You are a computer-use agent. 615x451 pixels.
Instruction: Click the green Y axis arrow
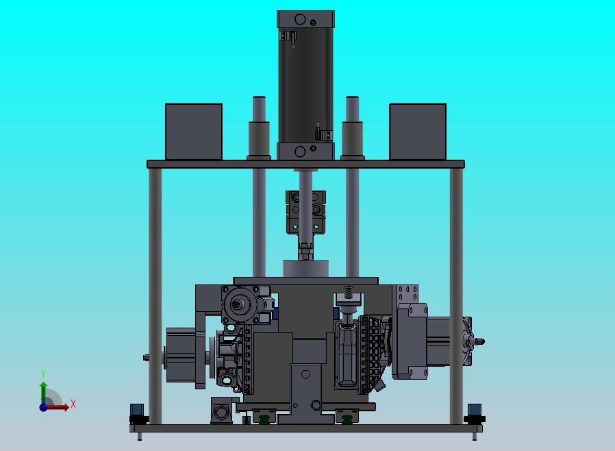point(43,387)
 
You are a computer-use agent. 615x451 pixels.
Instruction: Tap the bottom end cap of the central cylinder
point(305,151)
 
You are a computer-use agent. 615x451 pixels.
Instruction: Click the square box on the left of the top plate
point(194,132)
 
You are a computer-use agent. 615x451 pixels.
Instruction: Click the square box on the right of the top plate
point(418,132)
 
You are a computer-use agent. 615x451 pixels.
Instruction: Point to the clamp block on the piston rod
point(305,212)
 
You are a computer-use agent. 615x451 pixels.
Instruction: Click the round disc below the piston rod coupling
point(305,269)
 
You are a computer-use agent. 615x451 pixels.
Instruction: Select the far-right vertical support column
point(455,295)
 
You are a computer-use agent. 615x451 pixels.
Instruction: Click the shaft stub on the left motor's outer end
point(147,357)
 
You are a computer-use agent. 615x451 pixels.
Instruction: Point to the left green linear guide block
point(262,415)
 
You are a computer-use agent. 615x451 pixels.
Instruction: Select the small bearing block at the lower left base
point(221,411)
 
